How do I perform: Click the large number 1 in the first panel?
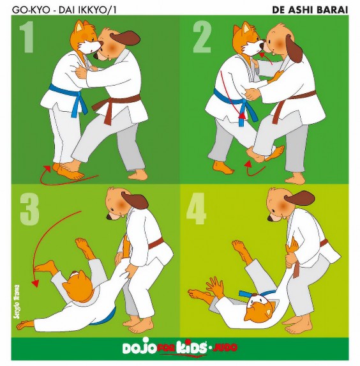pos(27,37)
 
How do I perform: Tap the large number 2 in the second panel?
pos(202,37)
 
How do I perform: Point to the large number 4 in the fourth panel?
pos(196,208)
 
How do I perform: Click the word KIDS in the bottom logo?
pos(191,348)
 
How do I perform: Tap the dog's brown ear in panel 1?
pos(125,39)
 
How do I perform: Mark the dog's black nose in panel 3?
pos(109,217)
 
